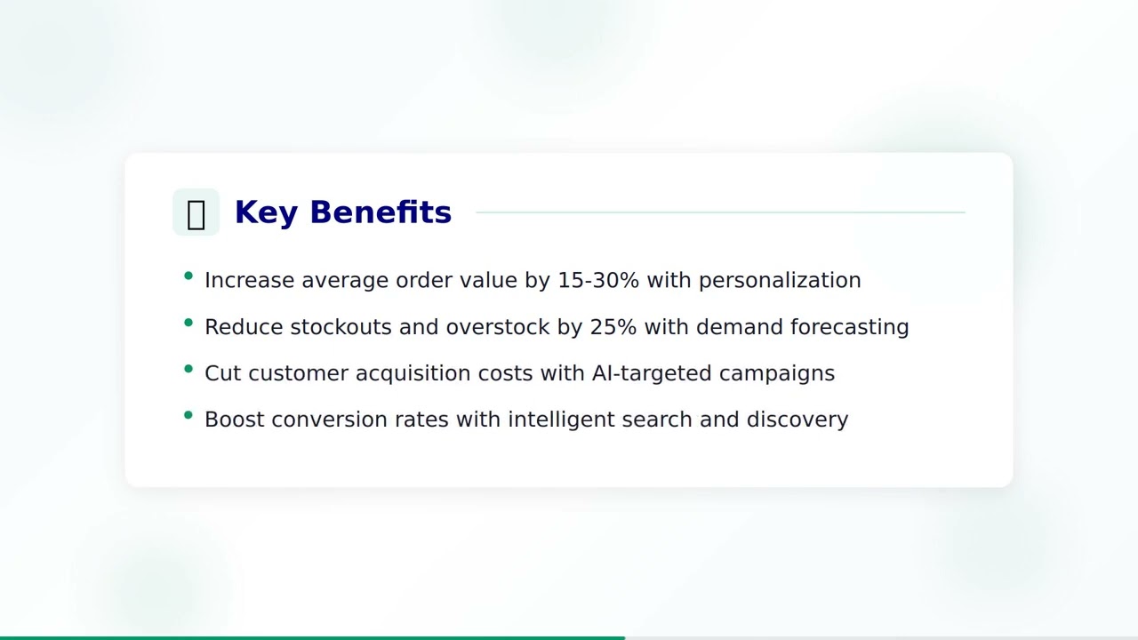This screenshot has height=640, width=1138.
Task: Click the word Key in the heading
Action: (265, 213)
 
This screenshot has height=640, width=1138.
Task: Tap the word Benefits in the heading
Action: (381, 213)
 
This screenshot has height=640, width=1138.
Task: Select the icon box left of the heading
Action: (196, 212)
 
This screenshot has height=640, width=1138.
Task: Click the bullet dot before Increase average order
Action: (188, 276)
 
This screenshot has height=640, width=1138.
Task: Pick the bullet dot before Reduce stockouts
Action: (188, 323)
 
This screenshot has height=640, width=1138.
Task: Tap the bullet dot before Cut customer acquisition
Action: (188, 369)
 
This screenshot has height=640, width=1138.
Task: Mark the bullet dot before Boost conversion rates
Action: (188, 415)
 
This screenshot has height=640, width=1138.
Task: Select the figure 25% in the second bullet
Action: (613, 327)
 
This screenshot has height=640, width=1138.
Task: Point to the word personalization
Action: (780, 281)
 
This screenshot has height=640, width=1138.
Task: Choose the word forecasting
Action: (849, 327)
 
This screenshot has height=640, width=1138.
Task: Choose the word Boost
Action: (234, 420)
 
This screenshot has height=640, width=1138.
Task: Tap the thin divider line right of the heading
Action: (720, 212)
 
